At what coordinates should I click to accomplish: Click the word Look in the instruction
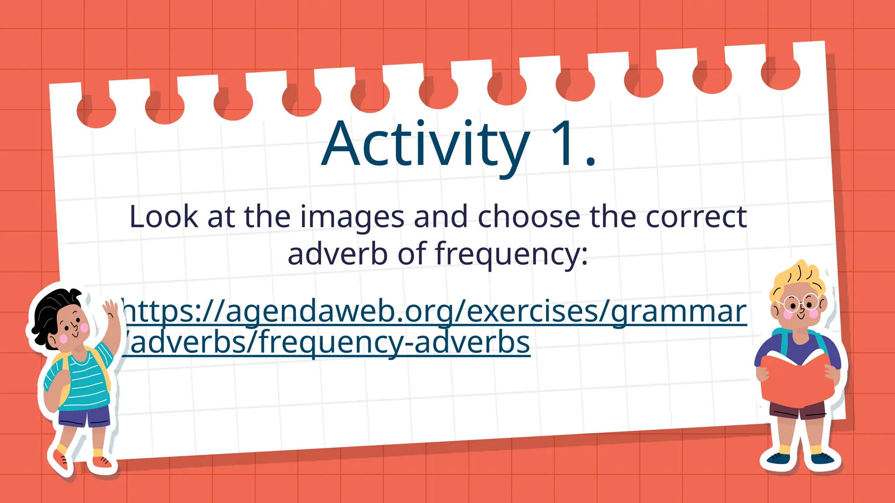[163, 217]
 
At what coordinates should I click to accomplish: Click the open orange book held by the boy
[795, 380]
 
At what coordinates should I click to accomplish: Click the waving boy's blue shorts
[85, 417]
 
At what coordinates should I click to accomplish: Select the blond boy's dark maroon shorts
[798, 410]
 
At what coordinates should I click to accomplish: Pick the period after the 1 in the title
[590, 162]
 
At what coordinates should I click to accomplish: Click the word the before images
[267, 217]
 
